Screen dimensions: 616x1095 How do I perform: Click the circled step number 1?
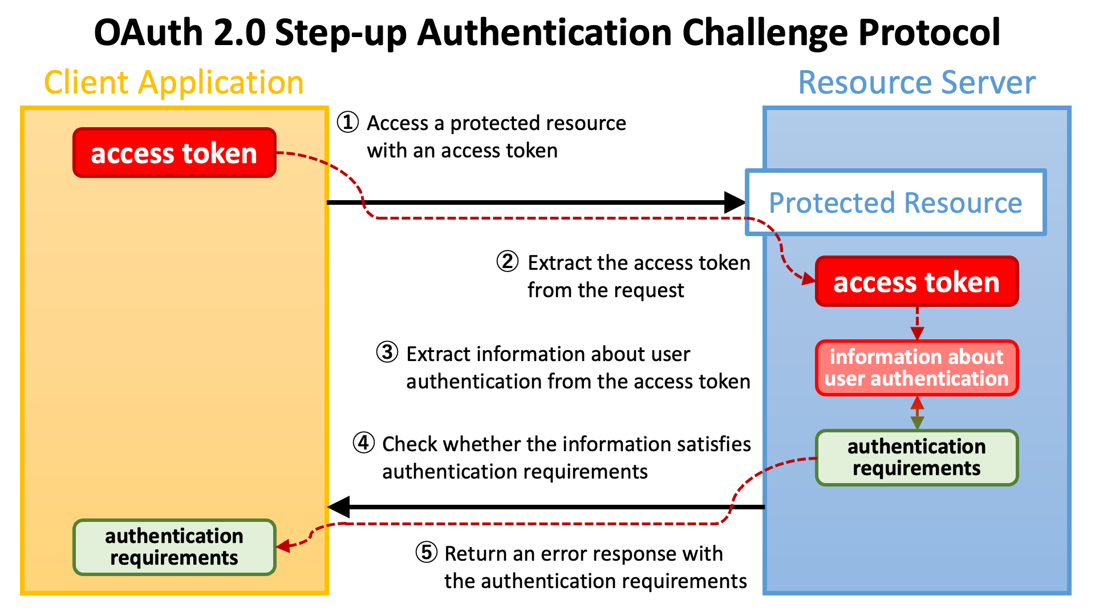click(348, 122)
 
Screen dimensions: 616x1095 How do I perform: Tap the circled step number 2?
click(507, 261)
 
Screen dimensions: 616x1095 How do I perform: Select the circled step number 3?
click(387, 352)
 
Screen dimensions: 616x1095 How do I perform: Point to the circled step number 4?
click(363, 443)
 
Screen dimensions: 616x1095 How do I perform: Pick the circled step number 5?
click(426, 552)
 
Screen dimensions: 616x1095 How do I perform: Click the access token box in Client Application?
click(175, 153)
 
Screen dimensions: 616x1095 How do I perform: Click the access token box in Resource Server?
click(916, 282)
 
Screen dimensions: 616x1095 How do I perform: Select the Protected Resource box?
click(895, 202)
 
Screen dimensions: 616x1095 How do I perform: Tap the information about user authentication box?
click(916, 368)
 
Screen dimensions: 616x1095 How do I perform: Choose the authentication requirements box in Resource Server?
click(916, 457)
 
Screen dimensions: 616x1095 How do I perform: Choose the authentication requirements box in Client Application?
click(175, 547)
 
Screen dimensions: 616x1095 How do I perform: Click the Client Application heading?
click(174, 83)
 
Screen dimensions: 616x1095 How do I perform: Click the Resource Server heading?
click(916, 83)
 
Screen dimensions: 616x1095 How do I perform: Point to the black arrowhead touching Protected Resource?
click(734, 202)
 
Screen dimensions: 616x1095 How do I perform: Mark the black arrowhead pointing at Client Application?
click(339, 507)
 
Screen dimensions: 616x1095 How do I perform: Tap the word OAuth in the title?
click(148, 33)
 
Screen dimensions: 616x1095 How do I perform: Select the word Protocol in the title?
click(929, 33)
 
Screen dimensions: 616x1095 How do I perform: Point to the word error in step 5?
click(565, 554)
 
